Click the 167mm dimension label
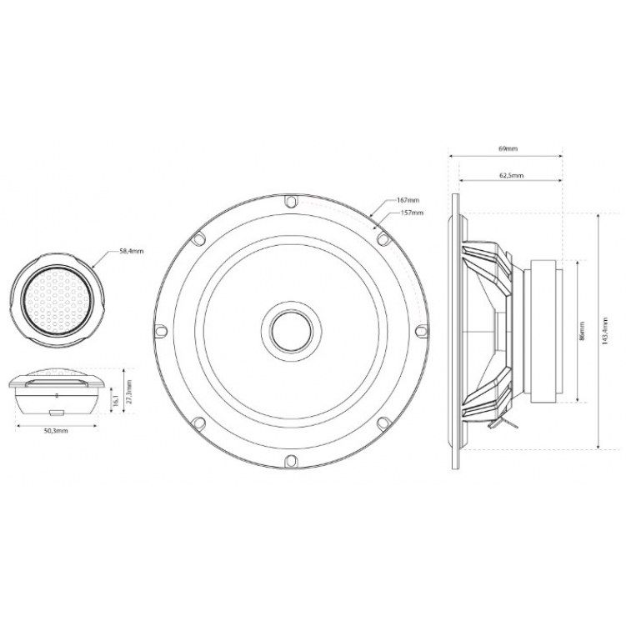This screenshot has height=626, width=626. [408, 200]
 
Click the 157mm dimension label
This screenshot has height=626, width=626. [412, 213]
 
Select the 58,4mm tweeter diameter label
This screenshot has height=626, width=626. [131, 252]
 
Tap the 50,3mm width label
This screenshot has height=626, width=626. [56, 431]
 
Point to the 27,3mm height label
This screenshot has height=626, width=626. [130, 391]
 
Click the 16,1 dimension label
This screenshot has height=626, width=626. [117, 399]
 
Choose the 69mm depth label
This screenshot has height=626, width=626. [508, 148]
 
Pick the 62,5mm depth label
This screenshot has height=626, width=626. [512, 175]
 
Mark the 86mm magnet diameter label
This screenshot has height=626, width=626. [582, 331]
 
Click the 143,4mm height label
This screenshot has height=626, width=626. [605, 331]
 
